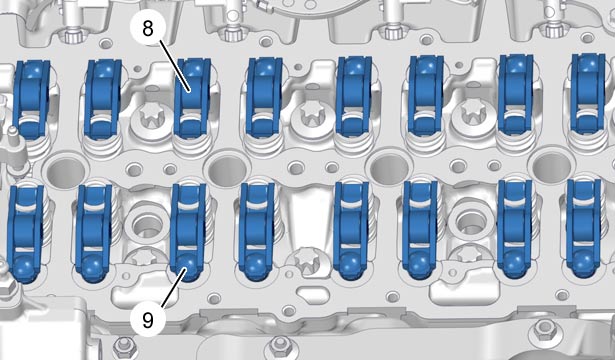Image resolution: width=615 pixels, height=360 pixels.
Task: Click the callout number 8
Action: [147, 29]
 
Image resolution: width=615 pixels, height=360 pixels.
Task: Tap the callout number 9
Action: [148, 320]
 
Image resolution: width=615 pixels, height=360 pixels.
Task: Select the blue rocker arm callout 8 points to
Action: [192, 98]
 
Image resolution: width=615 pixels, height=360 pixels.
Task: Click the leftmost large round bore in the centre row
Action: [66, 172]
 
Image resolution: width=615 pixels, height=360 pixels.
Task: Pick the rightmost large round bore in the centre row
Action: [552, 167]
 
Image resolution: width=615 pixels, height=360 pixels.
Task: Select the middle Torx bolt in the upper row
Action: [313, 116]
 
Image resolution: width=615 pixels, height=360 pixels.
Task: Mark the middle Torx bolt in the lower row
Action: [307, 260]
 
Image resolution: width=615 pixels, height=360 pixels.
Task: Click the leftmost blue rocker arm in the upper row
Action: [31, 99]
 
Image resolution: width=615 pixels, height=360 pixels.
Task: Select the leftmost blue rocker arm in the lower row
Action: [25, 234]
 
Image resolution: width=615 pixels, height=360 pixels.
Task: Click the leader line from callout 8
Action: [175, 65]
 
